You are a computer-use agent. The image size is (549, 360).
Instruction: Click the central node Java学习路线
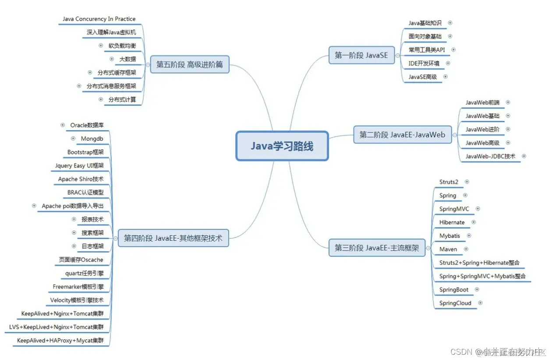coord(282,146)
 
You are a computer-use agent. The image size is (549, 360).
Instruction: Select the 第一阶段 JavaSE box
coord(361,55)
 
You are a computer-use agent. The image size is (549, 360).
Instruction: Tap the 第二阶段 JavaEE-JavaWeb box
coord(402,135)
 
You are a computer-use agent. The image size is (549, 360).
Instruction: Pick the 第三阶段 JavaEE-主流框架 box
coord(377,248)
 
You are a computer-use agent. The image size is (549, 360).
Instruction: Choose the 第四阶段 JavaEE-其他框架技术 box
coord(173,238)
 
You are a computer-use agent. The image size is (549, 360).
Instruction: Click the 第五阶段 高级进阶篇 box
coord(189,64)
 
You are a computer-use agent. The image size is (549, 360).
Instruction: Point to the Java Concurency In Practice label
coord(99,19)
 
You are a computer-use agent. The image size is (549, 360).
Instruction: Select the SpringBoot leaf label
coord(454,289)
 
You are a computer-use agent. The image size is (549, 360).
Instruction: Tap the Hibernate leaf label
coord(452,222)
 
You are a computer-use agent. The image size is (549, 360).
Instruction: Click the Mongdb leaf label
coord(92,139)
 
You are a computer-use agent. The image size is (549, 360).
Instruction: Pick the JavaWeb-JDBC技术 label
coord(490,156)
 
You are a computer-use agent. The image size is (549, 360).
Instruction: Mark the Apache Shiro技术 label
coord(81,179)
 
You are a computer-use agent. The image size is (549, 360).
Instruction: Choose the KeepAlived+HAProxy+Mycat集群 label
coord(60,340)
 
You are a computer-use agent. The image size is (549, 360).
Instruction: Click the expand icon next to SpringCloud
coord(480,303)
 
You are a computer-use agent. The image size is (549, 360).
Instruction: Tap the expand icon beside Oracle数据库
coord(63,125)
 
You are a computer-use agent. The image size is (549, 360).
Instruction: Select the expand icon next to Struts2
coord(467,182)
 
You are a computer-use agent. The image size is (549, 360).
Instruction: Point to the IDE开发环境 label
coord(424,63)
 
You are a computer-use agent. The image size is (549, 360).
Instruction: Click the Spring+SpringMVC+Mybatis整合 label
coord(482,276)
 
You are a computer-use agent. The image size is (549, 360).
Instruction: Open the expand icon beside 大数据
coord(112,59)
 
